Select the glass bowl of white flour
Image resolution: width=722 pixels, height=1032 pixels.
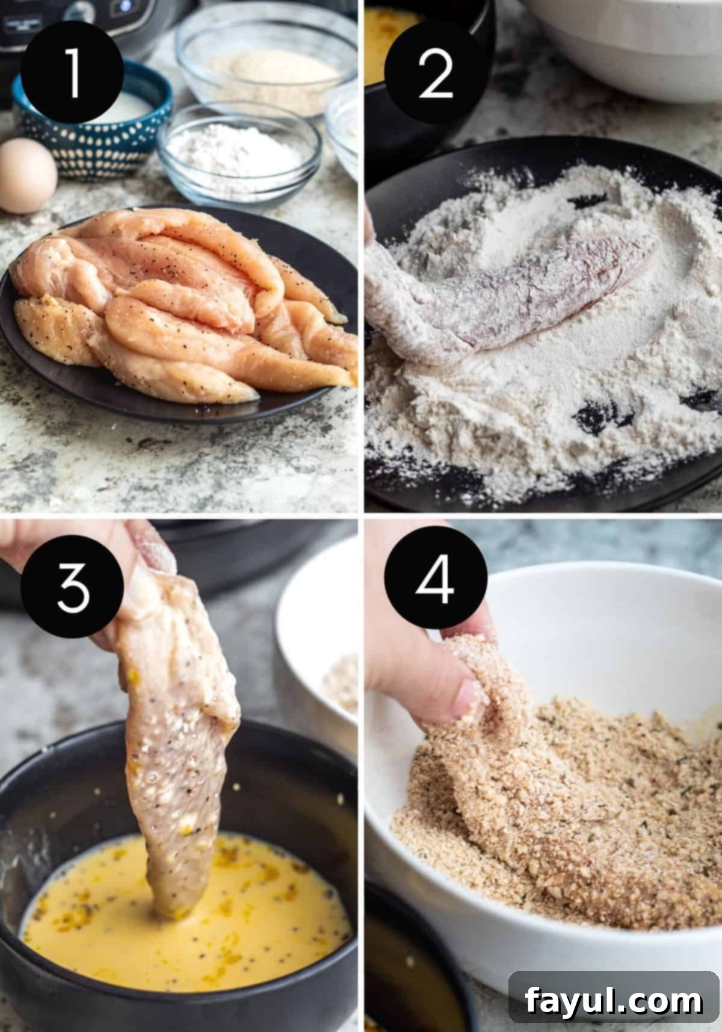(x=238, y=151)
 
